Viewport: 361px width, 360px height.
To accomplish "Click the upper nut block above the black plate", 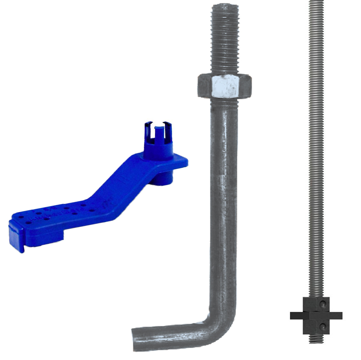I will point(316,304).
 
